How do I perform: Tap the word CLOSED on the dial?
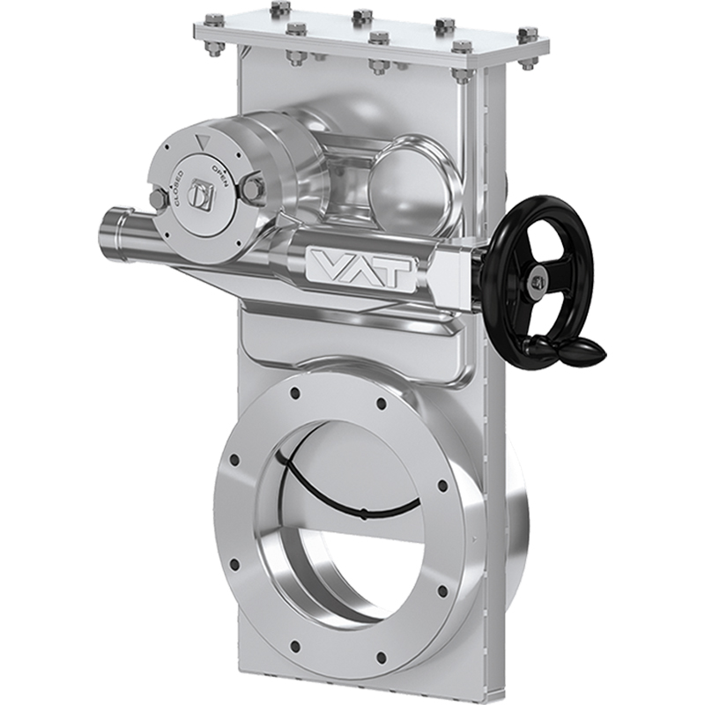(x=177, y=184)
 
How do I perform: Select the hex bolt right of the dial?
(x=254, y=186)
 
